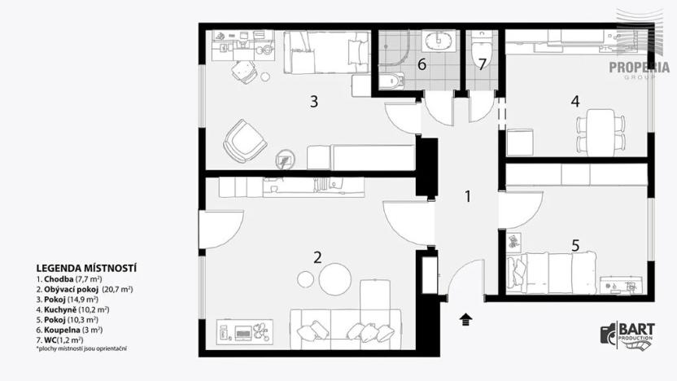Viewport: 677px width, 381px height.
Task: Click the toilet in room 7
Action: tap(481, 50)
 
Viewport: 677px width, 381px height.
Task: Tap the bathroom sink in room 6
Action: tap(439, 41)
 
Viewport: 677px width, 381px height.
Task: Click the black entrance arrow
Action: tap(466, 320)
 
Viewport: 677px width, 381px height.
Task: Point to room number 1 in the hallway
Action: tap(468, 196)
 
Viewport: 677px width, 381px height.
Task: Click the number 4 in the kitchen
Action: tap(574, 102)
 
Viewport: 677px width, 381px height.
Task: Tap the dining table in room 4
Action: tap(601, 133)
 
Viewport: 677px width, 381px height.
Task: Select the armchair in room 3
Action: tap(245, 141)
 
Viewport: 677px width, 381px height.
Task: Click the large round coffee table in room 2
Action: tap(335, 279)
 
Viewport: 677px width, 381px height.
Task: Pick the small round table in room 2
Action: tap(305, 279)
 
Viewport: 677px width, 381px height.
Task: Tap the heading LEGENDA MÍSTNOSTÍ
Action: tap(86, 269)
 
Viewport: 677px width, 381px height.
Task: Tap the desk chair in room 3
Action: tap(243, 72)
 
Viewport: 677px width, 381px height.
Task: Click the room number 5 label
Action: tap(575, 246)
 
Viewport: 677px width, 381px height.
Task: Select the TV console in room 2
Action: tap(244, 332)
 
